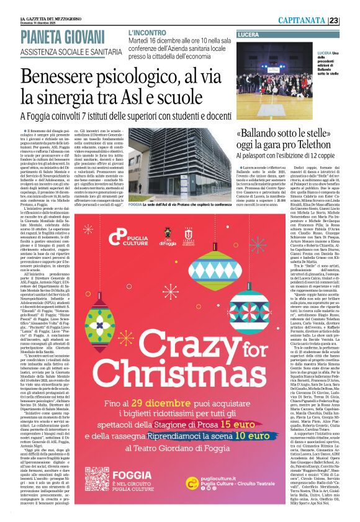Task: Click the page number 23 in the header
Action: [x=351, y=21]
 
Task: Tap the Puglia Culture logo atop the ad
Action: [x=127, y=237]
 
